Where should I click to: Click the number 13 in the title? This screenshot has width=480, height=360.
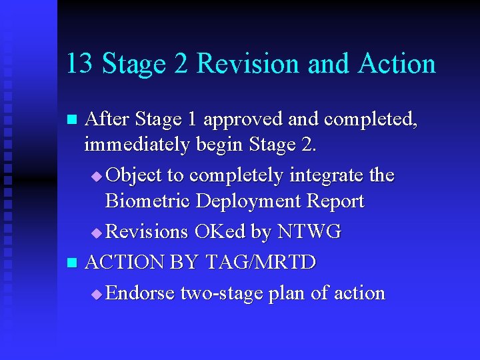click(78, 64)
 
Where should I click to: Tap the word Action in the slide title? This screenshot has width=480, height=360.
click(397, 64)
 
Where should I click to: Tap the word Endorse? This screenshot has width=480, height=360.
click(140, 293)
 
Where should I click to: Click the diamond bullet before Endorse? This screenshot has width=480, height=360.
click(97, 294)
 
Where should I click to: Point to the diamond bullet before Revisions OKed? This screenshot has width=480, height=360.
click(97, 233)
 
